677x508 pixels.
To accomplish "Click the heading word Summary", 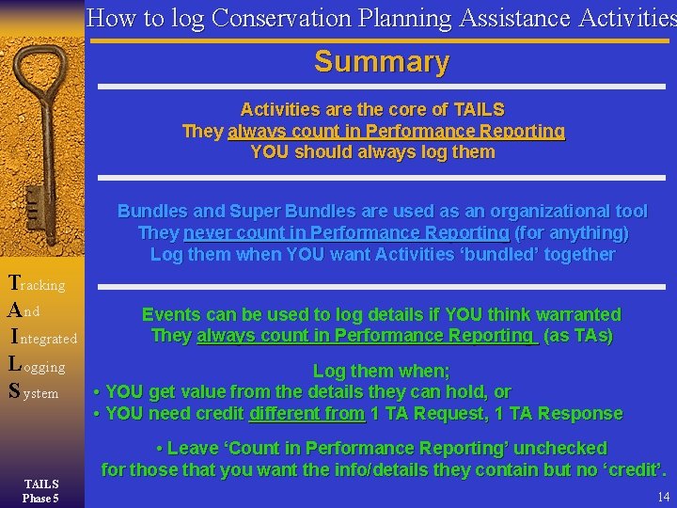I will (382, 62).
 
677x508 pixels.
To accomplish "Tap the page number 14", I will (664, 497).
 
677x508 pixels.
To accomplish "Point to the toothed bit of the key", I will (30, 201).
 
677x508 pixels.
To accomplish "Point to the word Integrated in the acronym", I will (45, 338).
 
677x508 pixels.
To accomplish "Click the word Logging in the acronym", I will (37, 366).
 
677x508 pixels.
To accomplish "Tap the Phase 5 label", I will (41, 497).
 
